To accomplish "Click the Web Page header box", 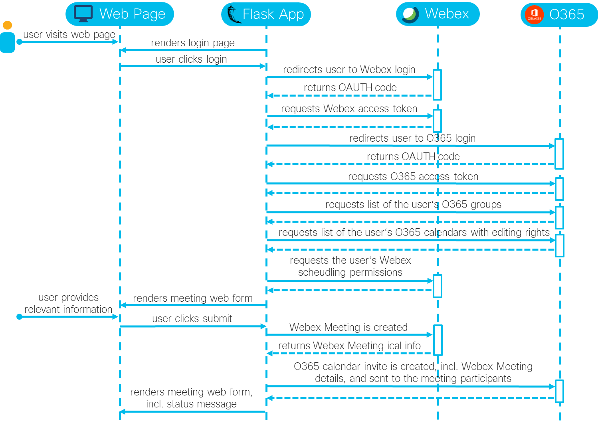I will (120, 14).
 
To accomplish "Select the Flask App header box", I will (266, 14).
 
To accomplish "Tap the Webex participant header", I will (438, 14).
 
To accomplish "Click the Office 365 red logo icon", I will (534, 15).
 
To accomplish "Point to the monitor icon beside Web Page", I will (83, 14).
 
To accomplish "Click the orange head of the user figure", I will (7, 26).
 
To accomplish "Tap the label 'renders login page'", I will (192, 43).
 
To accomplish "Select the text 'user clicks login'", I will (191, 59).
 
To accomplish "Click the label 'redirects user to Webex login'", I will (349, 69).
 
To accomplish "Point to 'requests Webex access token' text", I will (349, 109).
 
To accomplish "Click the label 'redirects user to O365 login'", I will (412, 138).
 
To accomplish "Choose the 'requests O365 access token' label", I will (413, 176).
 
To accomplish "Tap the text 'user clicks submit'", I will (192, 318).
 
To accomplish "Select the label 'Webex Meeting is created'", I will (348, 327).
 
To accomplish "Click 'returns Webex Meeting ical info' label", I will (349, 346).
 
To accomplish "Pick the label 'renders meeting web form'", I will (192, 298).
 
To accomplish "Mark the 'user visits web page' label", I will (69, 35).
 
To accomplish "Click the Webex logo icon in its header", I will (410, 14).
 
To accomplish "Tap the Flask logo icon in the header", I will (234, 14).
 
